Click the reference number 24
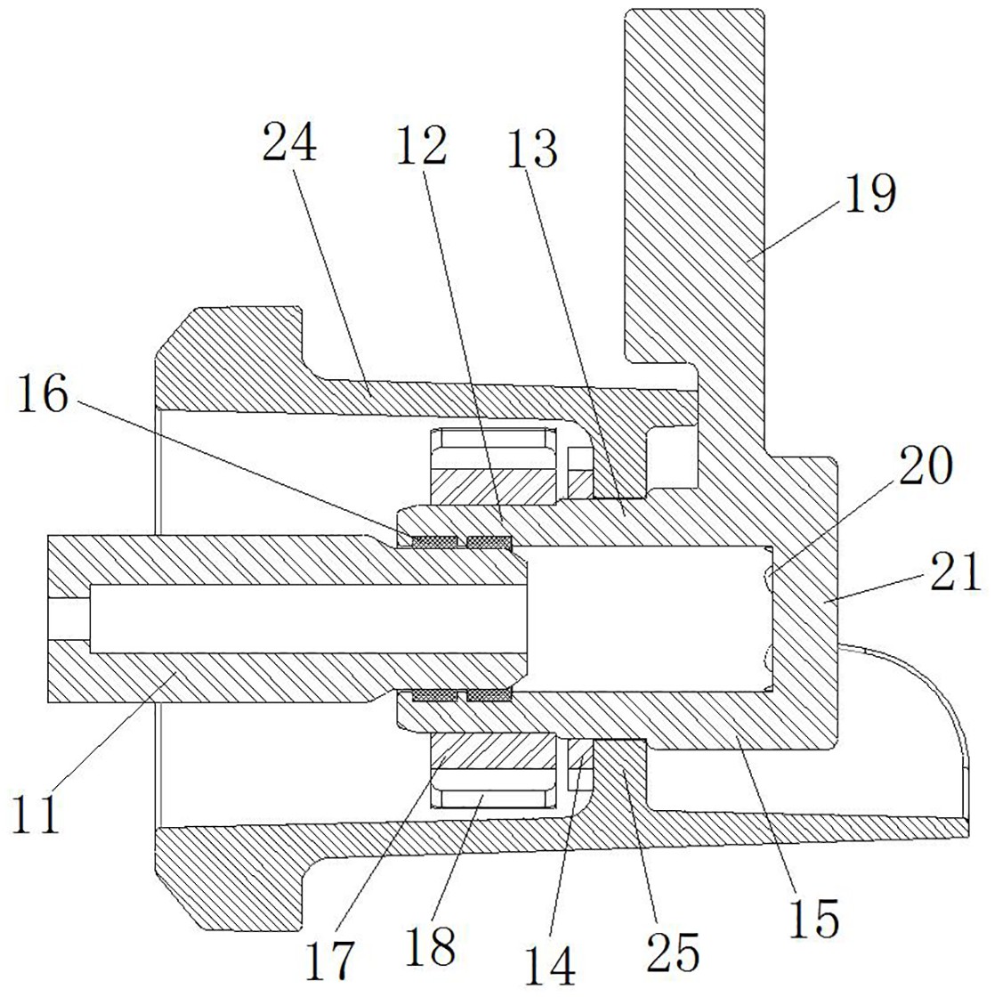point(289,143)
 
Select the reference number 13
point(533,148)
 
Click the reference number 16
point(43,393)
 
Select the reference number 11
point(37,811)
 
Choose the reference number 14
point(551,966)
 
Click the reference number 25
point(672,952)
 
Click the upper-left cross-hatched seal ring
point(435,542)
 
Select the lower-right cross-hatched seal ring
point(489,695)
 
